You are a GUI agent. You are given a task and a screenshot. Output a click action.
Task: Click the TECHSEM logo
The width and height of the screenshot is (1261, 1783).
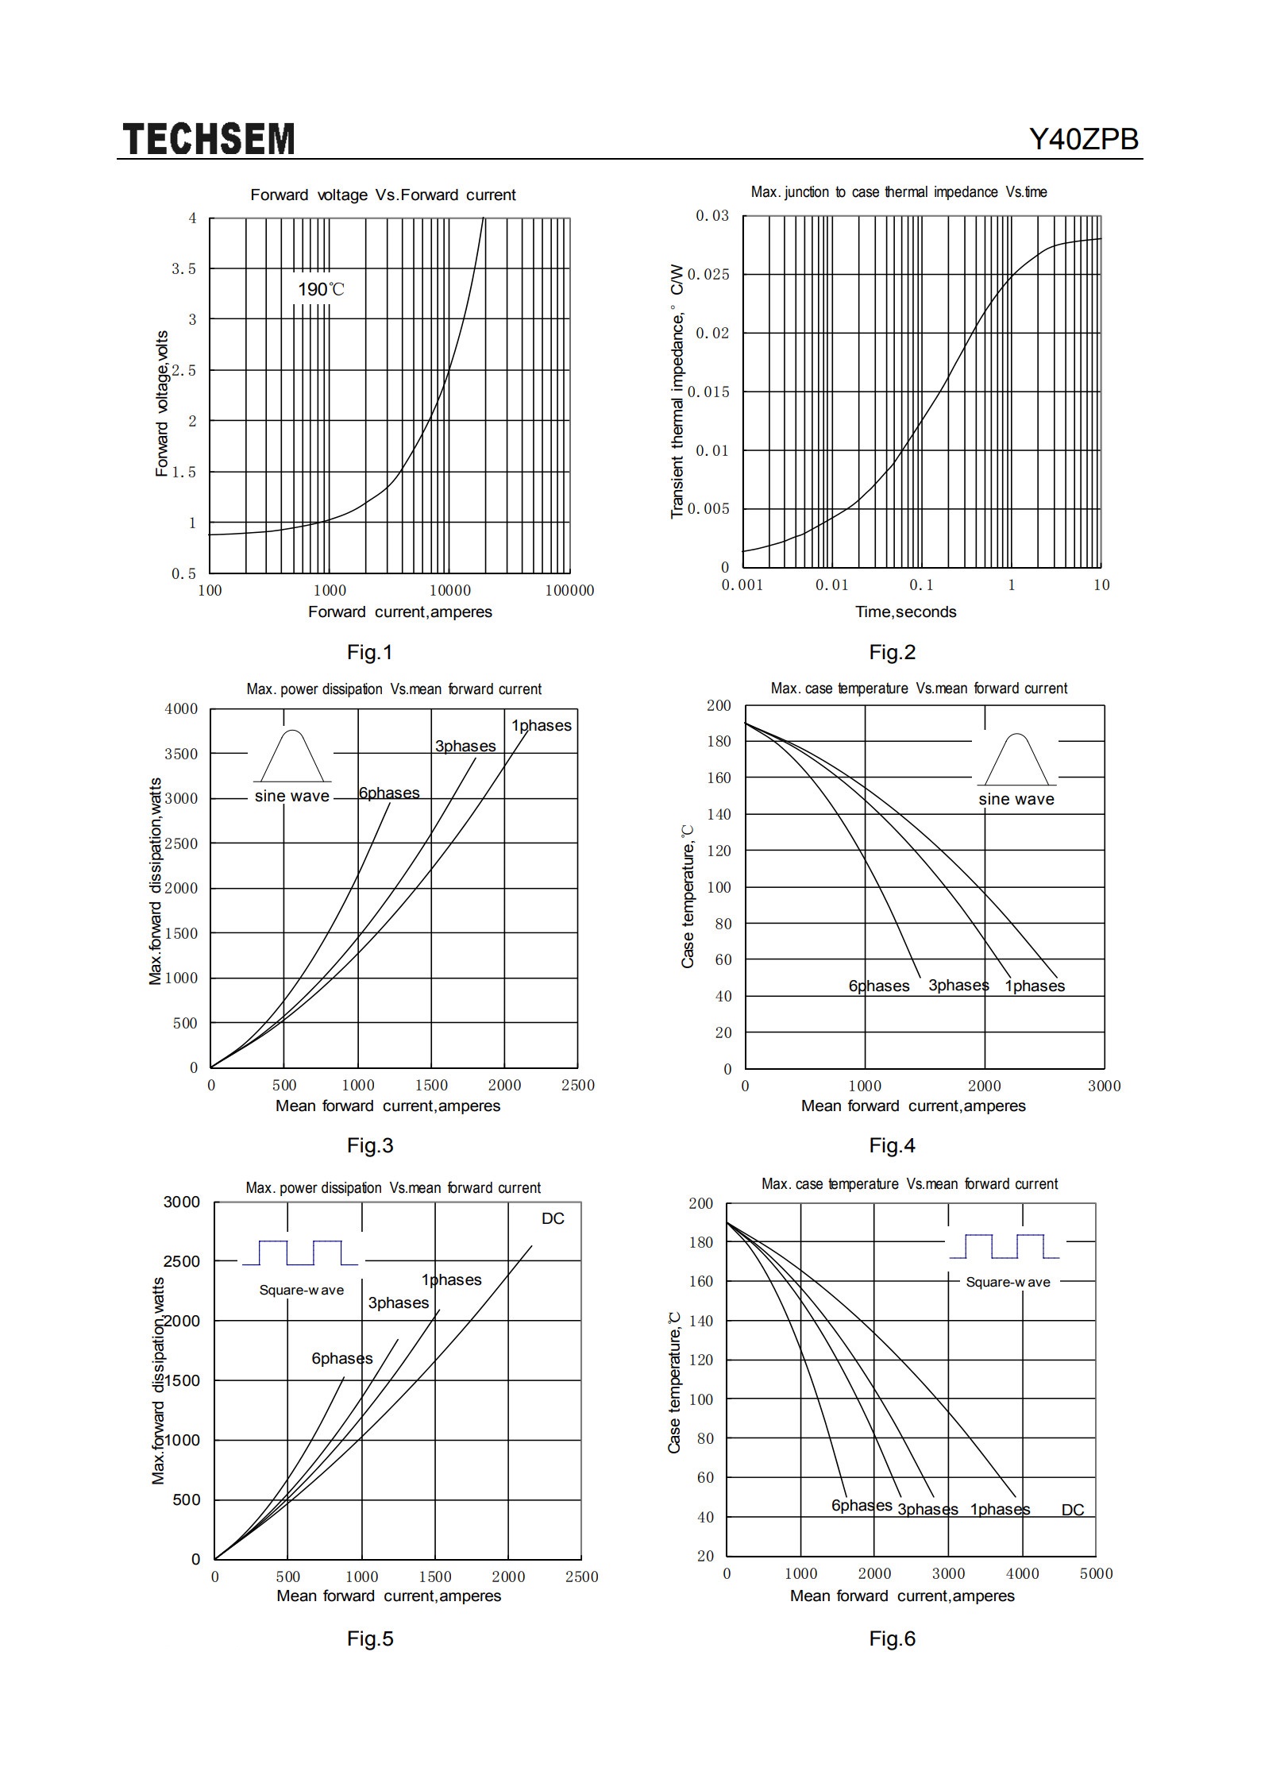(209, 139)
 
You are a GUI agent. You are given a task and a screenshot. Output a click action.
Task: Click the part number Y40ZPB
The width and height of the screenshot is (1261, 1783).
(1084, 140)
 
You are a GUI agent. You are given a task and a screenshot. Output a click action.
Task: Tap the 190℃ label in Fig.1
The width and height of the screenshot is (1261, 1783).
(322, 289)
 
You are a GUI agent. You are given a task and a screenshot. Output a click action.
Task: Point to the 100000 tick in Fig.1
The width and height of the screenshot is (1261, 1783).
(569, 590)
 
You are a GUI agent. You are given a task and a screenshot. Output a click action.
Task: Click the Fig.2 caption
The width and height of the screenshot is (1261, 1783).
(893, 652)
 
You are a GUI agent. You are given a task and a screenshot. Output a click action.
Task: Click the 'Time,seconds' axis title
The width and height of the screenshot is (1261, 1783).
(905, 612)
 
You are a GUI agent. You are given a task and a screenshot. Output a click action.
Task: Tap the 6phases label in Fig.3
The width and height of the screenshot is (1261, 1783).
(389, 793)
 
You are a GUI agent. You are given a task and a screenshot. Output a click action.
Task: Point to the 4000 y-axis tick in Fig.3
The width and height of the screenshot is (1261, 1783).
(181, 709)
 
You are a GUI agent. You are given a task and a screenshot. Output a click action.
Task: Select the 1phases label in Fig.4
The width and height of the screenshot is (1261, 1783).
(1035, 986)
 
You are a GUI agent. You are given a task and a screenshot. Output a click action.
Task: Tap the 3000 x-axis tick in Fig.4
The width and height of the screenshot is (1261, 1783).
(1104, 1086)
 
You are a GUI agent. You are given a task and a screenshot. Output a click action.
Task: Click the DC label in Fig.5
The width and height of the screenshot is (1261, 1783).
(553, 1218)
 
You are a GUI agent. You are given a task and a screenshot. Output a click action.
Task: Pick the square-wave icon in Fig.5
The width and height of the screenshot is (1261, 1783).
(300, 1252)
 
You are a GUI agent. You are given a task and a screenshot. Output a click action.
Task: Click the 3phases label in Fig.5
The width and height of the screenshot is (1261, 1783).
(399, 1303)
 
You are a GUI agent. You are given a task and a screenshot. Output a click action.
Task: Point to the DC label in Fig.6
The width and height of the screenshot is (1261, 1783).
(1073, 1510)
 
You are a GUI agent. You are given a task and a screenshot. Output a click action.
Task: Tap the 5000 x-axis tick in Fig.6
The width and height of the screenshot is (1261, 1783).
(1096, 1573)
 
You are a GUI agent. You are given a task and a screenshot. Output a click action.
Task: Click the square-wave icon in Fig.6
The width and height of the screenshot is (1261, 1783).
(1005, 1246)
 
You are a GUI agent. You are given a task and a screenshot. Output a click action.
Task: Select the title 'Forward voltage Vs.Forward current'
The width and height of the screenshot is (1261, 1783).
(383, 195)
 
